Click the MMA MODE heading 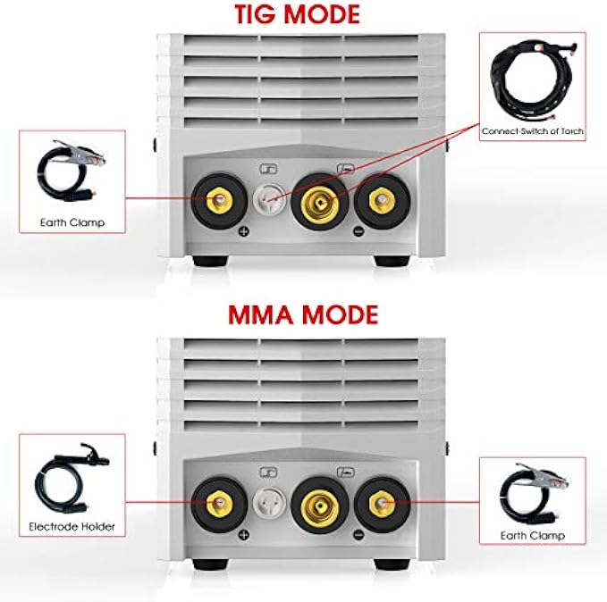(302, 315)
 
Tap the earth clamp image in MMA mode (533, 491)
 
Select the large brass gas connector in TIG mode (320, 201)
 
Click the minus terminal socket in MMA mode (377, 504)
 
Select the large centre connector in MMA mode (320, 504)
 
